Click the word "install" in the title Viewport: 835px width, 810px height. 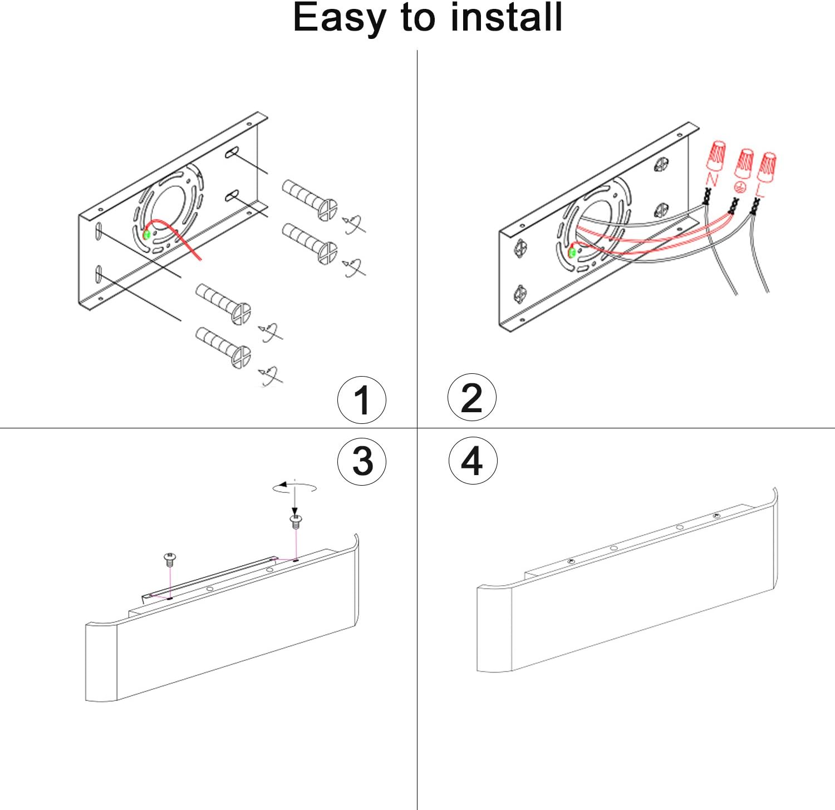pos(507,17)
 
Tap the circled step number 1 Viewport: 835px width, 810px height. pos(362,399)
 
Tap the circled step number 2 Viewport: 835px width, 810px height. pos(472,398)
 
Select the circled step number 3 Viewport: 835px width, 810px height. pos(362,461)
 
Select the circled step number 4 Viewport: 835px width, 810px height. pos(473,460)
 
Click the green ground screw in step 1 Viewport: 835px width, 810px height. pos(148,234)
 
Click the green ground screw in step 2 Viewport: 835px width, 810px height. pos(572,253)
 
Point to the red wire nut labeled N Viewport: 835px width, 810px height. pos(716,155)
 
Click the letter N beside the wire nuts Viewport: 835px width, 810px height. pos(711,179)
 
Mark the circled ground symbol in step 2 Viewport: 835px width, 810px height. pos(740,187)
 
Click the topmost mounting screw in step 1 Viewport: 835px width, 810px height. pos(310,200)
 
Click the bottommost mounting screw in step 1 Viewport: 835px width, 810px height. pos(223,348)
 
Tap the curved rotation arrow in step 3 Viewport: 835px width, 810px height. pos(294,487)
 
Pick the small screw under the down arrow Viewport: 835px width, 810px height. pos(296,522)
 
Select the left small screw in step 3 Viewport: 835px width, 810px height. pos(170,559)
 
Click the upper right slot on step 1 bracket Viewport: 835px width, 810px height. pos(233,152)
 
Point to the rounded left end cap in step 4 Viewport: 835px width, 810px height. pos(494,628)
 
